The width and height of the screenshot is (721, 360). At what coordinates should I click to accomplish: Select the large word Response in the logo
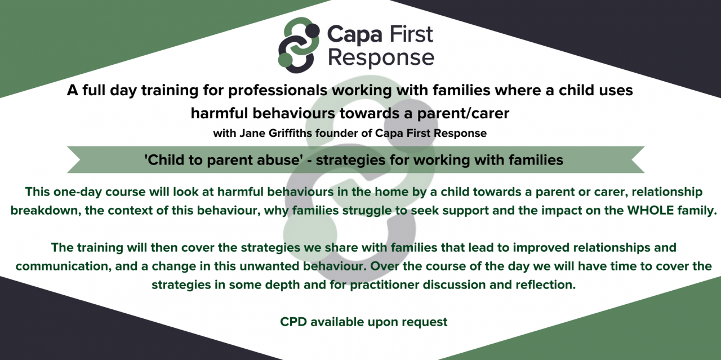381,58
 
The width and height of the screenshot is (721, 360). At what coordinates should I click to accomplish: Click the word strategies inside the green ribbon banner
348,160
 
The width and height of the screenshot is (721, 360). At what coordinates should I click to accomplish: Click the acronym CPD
293,322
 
